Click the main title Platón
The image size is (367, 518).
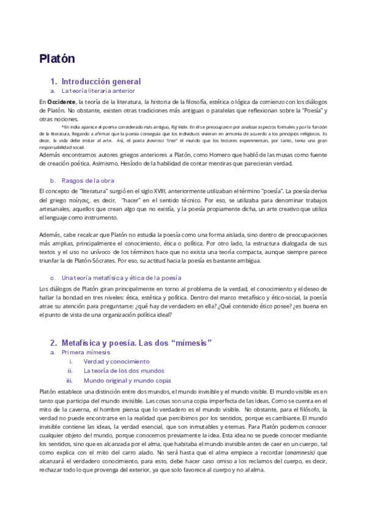pyautogui.click(x=57, y=59)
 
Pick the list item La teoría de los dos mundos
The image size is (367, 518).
pyautogui.click(x=124, y=371)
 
